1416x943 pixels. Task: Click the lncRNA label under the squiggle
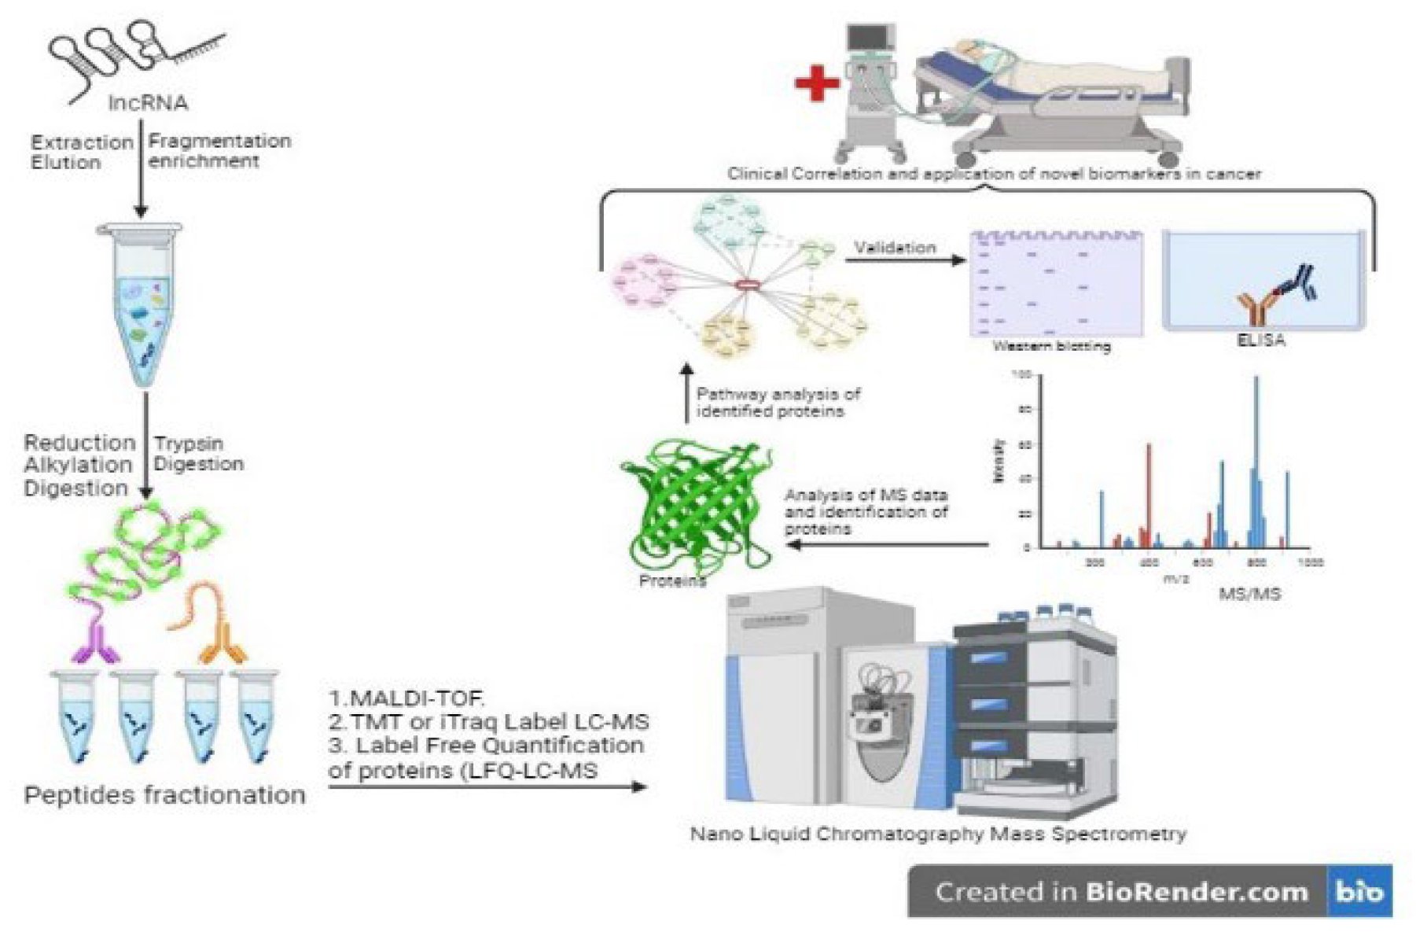[148, 103]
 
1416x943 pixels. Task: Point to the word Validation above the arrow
[895, 248]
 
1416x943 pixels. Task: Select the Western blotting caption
[1051, 346]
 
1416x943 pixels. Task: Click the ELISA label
[1260, 341]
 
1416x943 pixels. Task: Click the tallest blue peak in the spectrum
[1256, 464]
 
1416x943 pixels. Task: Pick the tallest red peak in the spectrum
[1149, 495]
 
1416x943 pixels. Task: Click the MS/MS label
[1249, 594]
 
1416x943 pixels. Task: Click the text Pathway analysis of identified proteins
[778, 403]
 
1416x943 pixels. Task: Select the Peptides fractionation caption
[164, 795]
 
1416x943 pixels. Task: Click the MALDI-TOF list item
[406, 698]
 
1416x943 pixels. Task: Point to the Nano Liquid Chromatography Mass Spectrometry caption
[938, 834]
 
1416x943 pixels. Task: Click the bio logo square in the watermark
[1359, 892]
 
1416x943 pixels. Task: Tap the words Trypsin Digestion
[198, 454]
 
